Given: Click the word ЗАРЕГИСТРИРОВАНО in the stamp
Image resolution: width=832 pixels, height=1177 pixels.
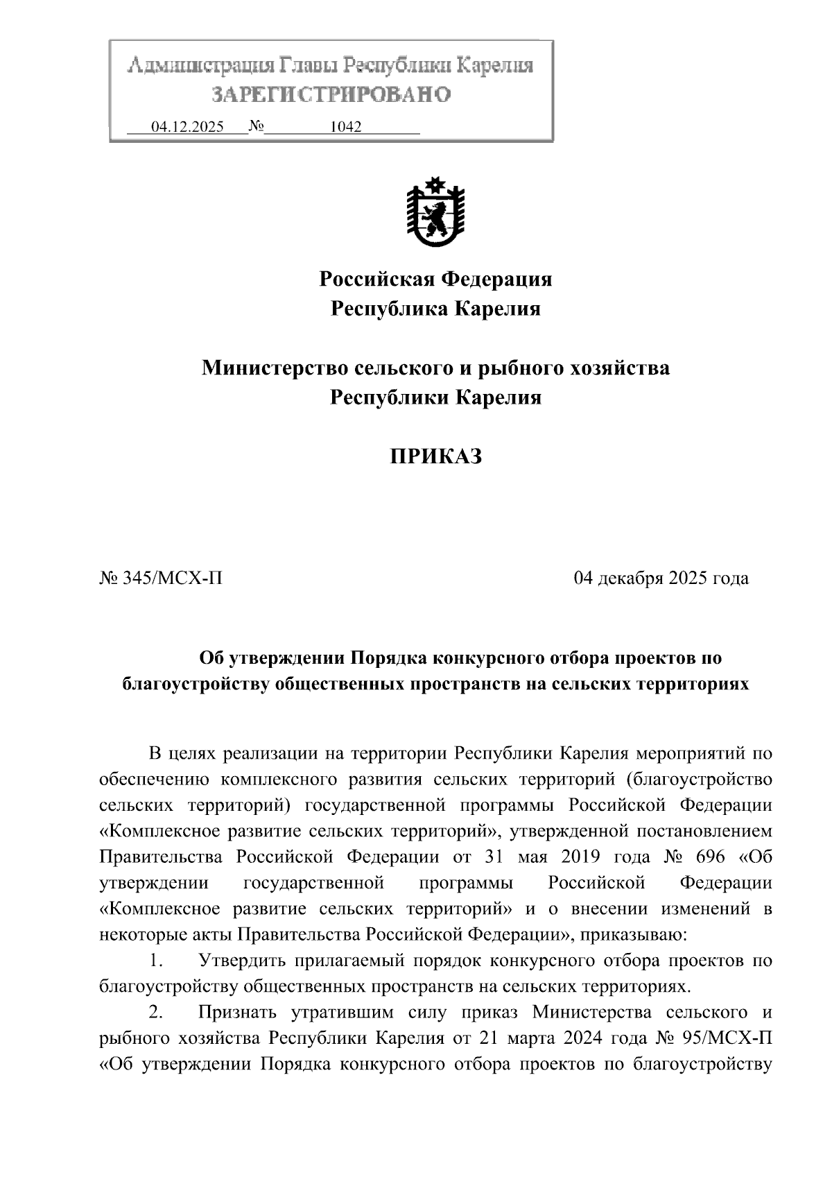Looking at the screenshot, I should [x=331, y=94].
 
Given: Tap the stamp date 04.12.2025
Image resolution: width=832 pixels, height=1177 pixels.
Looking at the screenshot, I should [x=187, y=127].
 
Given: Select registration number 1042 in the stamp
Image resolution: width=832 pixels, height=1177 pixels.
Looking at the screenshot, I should [x=346, y=127].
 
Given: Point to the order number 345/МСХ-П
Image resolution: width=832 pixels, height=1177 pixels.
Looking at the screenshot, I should [x=172, y=578].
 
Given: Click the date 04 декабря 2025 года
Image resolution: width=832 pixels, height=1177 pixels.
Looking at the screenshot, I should [x=661, y=578].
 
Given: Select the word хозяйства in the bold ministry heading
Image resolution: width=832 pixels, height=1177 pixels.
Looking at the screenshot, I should [x=620, y=368].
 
